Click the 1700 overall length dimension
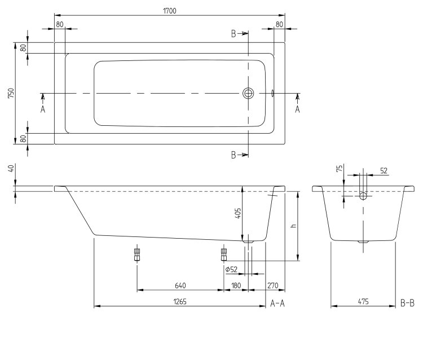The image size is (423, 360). (x=170, y=11)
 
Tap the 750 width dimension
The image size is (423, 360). (x=11, y=93)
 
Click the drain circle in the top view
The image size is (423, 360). (x=248, y=93)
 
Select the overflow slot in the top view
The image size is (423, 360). (x=272, y=93)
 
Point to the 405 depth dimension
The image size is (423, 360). (x=238, y=213)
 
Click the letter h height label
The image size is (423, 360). (x=294, y=225)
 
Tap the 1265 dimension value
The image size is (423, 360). (x=180, y=301)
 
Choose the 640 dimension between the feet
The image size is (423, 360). (x=180, y=286)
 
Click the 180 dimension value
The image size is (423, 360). (x=236, y=286)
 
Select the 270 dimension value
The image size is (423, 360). (x=273, y=286)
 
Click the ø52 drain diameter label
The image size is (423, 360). (x=231, y=269)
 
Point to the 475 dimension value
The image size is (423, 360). (x=363, y=301)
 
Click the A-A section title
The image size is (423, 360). (x=277, y=304)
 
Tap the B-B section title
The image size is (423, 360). (x=407, y=304)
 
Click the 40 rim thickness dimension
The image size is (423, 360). (x=11, y=169)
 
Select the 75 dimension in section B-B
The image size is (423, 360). (x=340, y=168)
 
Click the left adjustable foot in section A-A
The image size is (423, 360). (x=137, y=254)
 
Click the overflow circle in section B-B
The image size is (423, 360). (x=363, y=196)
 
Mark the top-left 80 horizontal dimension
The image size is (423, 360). (x=60, y=24)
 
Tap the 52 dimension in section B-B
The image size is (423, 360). (x=384, y=170)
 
